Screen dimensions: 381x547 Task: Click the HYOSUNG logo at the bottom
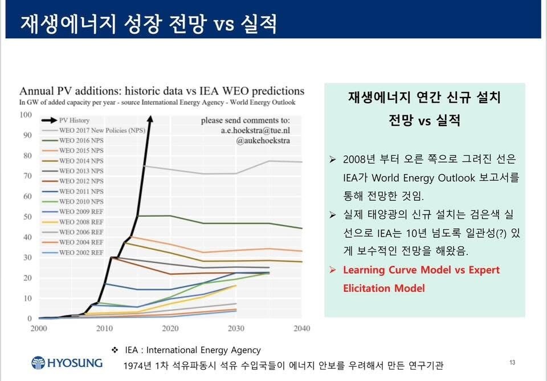(x=67, y=363)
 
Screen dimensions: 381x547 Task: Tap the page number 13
(x=512, y=363)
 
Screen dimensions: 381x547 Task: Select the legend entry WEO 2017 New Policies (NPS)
(x=101, y=131)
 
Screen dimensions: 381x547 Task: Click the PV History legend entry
(x=74, y=120)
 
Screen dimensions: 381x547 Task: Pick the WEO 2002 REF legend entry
(x=81, y=252)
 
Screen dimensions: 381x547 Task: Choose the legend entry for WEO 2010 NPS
(x=81, y=201)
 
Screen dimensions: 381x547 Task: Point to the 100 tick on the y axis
(x=26, y=115)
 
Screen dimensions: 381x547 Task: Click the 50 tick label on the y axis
(x=27, y=217)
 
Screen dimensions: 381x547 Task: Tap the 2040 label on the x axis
(x=301, y=328)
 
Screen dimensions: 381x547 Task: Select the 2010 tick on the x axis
(x=104, y=328)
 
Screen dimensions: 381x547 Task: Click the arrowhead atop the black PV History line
(x=149, y=118)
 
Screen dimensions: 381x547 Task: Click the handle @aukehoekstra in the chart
(x=262, y=140)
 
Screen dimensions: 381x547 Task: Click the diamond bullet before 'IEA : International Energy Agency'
(x=115, y=350)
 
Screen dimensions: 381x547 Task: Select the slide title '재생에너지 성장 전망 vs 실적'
(x=149, y=23)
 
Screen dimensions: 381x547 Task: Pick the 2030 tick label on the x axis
(x=235, y=328)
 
